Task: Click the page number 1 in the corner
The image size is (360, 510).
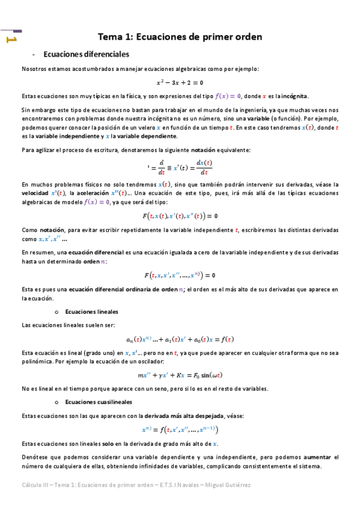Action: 10,39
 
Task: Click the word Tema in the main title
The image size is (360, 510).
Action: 112,37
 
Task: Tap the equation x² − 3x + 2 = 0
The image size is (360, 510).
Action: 180,82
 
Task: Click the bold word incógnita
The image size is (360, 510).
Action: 294,96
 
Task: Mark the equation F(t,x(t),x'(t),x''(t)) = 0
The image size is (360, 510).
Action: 180,215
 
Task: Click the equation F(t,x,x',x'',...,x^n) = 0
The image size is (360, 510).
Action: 180,275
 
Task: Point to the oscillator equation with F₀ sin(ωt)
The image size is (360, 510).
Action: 180,375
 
